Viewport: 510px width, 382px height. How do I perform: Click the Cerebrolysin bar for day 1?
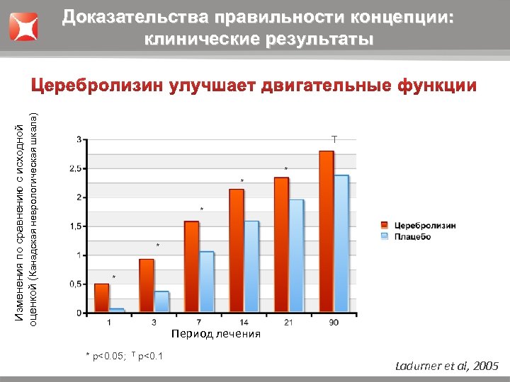coord(101,298)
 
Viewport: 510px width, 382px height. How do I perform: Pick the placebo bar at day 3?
coord(161,301)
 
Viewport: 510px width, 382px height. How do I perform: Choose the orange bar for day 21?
coord(281,245)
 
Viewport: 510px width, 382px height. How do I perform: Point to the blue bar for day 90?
coord(341,243)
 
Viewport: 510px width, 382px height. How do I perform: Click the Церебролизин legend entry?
coord(424,226)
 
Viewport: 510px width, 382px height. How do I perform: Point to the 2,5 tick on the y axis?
coord(75,168)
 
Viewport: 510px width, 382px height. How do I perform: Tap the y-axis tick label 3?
coord(78,139)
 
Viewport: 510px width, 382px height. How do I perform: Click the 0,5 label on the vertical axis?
coord(75,284)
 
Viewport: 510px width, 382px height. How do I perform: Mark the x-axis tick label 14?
coord(244,323)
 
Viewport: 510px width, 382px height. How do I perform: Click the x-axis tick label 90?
coord(334,323)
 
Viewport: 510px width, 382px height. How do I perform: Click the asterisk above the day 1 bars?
coord(114,276)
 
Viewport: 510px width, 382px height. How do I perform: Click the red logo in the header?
coord(23,26)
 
